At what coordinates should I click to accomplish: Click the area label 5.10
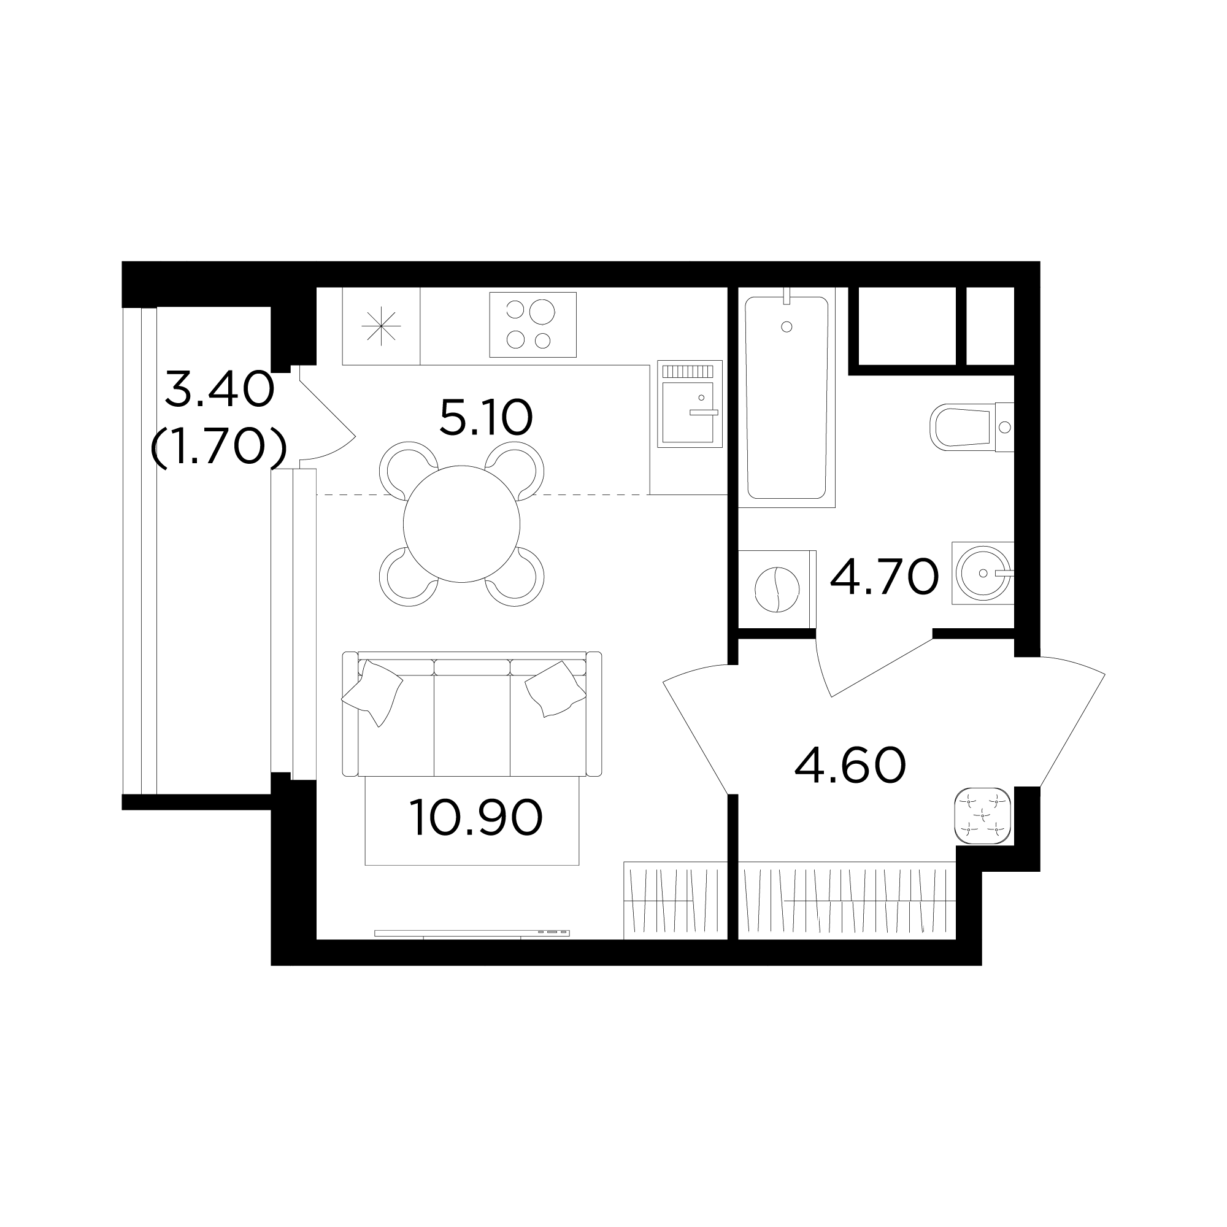[x=486, y=417]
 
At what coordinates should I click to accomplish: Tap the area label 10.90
[x=476, y=818]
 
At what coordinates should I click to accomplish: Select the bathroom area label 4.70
[x=884, y=577]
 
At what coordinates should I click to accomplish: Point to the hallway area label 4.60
[x=850, y=765]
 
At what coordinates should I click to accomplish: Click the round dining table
[x=462, y=524]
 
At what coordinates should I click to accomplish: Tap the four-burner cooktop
[x=533, y=325]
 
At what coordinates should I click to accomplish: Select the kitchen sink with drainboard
[x=690, y=404]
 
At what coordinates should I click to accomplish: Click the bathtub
[x=788, y=398]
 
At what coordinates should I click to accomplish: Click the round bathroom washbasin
[x=983, y=573]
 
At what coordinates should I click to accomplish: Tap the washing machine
[x=777, y=589]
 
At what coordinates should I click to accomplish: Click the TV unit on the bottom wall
[x=472, y=933]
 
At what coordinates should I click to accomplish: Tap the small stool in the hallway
[x=982, y=815]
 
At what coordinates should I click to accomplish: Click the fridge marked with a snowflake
[x=381, y=326]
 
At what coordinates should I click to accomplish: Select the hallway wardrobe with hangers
[x=847, y=900]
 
